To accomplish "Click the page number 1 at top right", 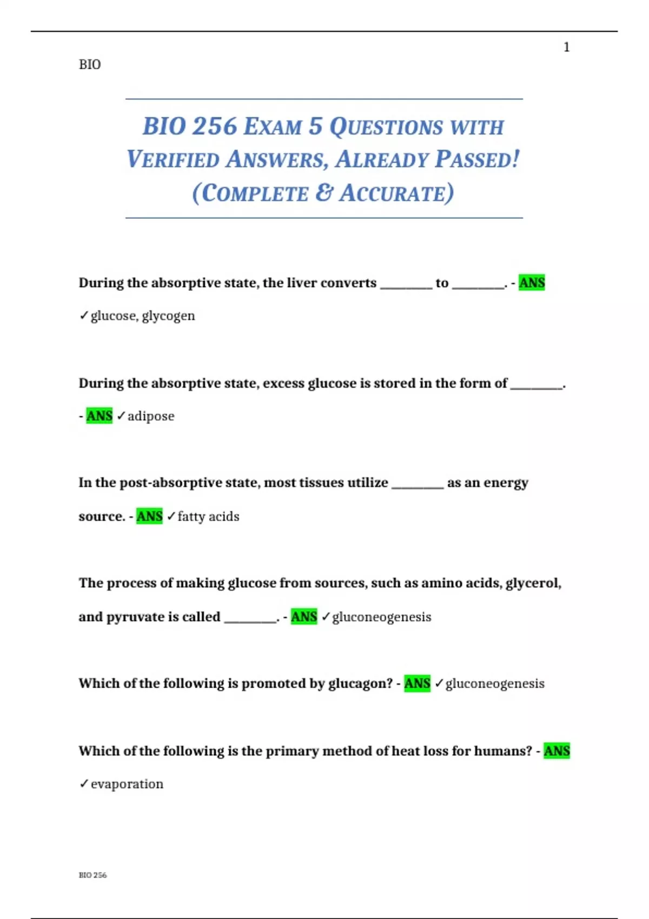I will (x=566, y=48).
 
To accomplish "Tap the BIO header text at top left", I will (x=90, y=65).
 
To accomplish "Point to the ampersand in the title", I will (x=323, y=193).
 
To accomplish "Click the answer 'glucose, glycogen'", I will (x=143, y=316).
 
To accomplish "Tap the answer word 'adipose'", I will (x=151, y=416).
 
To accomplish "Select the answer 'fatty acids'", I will (x=208, y=517).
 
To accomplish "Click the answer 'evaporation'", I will (x=127, y=784).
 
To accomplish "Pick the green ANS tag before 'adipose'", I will (x=100, y=416).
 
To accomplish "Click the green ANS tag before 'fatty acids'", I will (x=149, y=516).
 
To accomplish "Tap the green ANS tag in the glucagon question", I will (x=417, y=683).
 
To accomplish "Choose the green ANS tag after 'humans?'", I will (x=557, y=751).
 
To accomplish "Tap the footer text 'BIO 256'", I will (x=92, y=875).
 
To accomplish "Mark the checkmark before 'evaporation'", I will (x=84, y=783).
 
